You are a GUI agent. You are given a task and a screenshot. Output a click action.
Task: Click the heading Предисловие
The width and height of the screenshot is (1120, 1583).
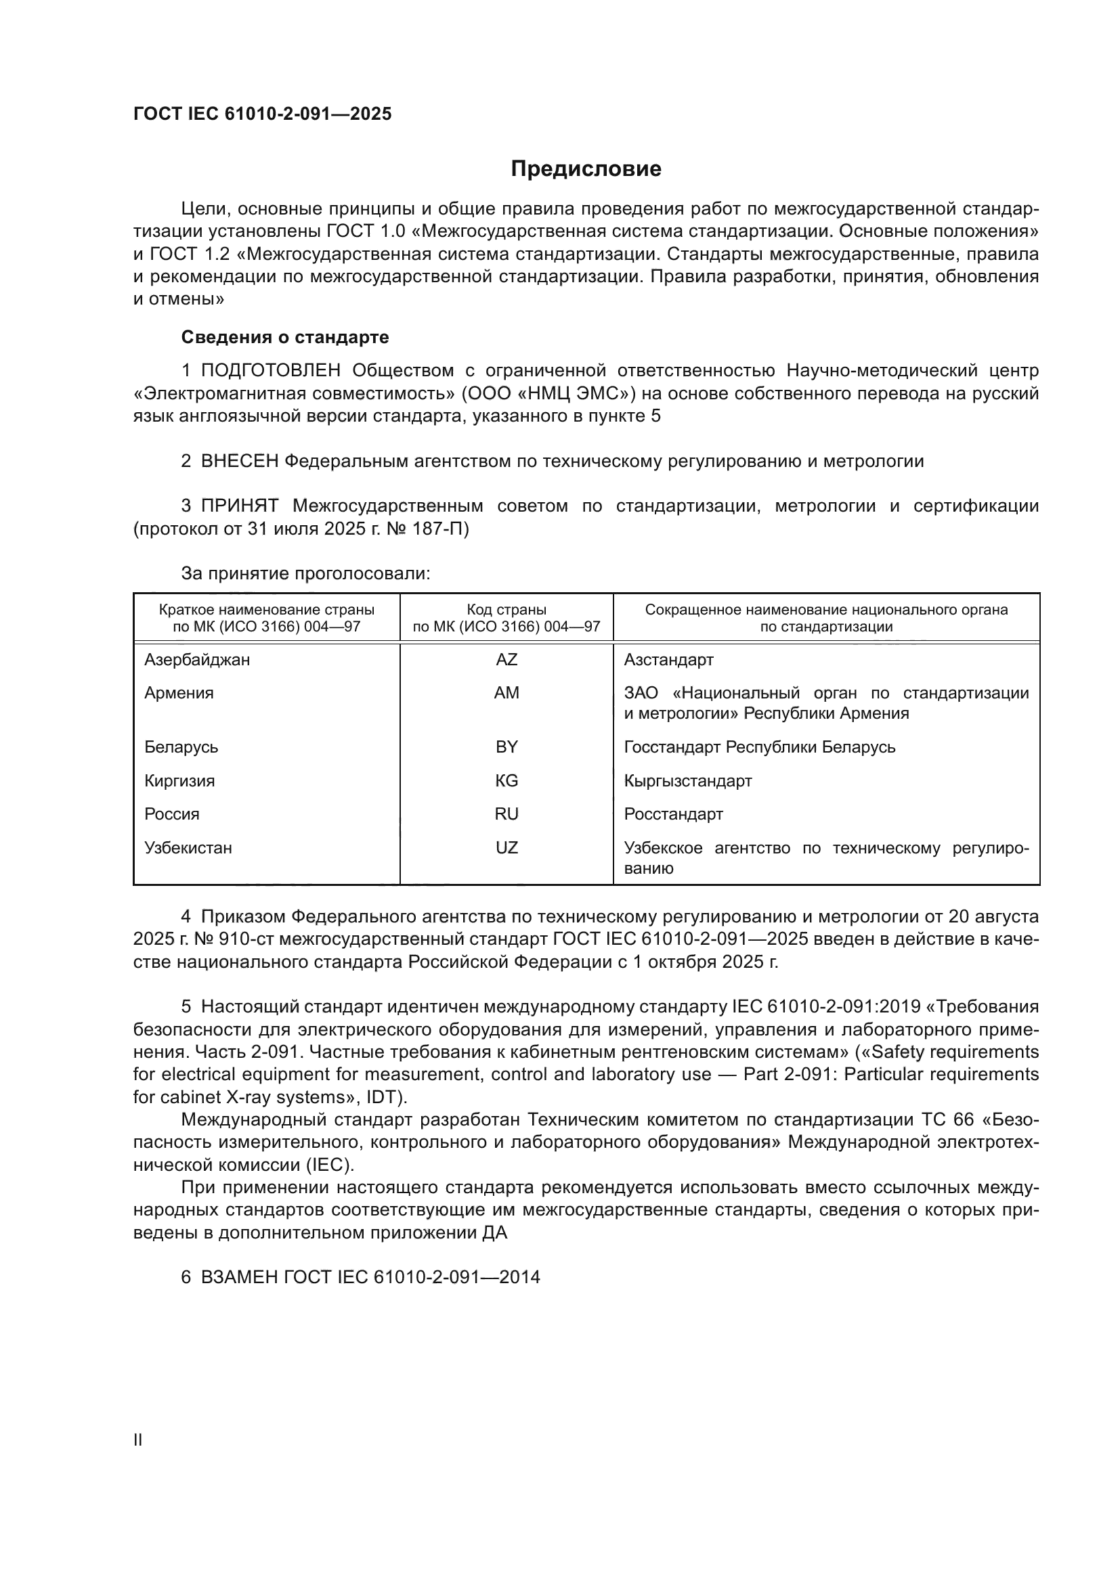pyautogui.click(x=586, y=169)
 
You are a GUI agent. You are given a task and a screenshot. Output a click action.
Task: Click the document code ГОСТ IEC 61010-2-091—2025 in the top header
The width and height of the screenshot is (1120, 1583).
pyautogui.click(x=262, y=114)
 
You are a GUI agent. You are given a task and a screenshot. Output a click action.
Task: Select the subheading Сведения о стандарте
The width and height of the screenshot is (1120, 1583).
pyautogui.click(x=285, y=337)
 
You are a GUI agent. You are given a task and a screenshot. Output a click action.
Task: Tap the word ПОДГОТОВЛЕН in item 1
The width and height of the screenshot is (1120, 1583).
pyautogui.click(x=270, y=371)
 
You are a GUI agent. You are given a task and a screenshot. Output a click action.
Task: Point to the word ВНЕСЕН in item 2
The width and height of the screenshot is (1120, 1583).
pyautogui.click(x=239, y=462)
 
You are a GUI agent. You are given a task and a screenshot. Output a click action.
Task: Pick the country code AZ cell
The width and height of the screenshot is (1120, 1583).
pyautogui.click(x=507, y=660)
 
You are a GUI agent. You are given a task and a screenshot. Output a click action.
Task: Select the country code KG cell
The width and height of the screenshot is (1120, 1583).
pyautogui.click(x=507, y=781)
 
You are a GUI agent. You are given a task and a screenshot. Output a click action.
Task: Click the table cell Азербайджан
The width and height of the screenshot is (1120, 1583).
pyautogui.click(x=197, y=660)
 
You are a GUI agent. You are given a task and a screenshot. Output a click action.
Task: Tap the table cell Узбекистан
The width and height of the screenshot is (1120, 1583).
pyautogui.click(x=188, y=848)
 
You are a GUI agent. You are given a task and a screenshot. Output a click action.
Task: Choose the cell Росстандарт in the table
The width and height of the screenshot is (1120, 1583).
pyautogui.click(x=673, y=814)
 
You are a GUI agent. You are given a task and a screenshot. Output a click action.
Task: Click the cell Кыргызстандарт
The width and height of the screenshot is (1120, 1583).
pyautogui.click(x=687, y=781)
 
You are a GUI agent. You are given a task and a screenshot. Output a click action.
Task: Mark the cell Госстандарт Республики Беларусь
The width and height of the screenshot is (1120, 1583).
pyautogui.click(x=759, y=747)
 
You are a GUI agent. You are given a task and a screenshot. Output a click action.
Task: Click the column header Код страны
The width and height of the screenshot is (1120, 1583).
pyautogui.click(x=507, y=610)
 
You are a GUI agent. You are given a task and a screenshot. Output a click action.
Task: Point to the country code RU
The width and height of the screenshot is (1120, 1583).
pyautogui.click(x=507, y=814)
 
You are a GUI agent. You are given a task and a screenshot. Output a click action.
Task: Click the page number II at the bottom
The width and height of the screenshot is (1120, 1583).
pyautogui.click(x=138, y=1440)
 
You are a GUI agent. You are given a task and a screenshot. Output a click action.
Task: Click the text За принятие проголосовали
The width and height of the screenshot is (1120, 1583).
pyautogui.click(x=305, y=574)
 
